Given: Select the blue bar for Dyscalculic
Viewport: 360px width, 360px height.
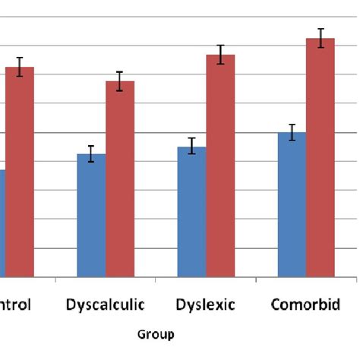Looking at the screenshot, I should (x=91, y=216).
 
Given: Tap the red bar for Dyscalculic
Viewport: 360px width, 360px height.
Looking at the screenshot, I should (x=120, y=180).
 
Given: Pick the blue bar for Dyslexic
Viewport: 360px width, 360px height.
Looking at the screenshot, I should (x=191, y=213).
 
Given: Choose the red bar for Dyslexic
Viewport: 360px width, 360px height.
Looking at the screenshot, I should (x=220, y=167).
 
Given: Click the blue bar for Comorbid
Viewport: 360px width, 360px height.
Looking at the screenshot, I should (x=292, y=205).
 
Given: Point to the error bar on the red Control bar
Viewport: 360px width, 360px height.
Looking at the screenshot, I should (x=20, y=67).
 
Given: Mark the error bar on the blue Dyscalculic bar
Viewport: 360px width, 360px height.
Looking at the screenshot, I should (x=91, y=153).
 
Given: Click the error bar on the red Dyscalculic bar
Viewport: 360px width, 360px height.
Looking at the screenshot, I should (x=120, y=81).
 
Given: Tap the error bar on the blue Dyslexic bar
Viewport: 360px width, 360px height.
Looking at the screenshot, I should (x=191, y=146).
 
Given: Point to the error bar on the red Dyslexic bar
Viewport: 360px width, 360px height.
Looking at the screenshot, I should (x=220, y=55).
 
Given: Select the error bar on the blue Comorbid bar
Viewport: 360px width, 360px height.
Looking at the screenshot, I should (x=292, y=132).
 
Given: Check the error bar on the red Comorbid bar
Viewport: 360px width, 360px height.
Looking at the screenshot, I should (x=320, y=38).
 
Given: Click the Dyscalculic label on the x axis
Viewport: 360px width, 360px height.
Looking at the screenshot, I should (x=105, y=305).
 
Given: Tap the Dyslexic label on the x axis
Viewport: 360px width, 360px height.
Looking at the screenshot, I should (x=205, y=305).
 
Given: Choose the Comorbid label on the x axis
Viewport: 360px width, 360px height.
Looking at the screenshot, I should (x=306, y=305).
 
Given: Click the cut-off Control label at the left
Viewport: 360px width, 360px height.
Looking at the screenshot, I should (x=15, y=305).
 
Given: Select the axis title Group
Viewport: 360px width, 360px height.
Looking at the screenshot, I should (x=155, y=333).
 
